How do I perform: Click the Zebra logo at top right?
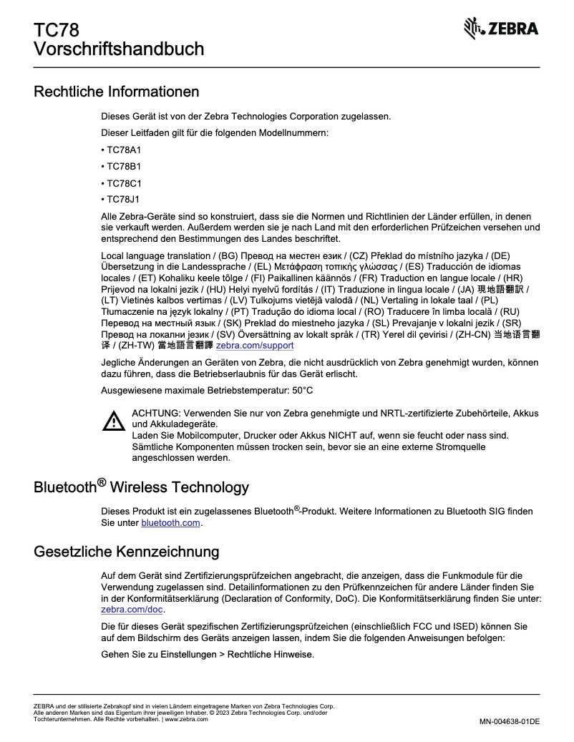(x=502, y=29)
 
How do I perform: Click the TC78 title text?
(x=56, y=30)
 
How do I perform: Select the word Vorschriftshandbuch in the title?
(x=119, y=49)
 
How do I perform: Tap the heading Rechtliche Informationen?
(x=117, y=92)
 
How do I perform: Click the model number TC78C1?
(x=123, y=182)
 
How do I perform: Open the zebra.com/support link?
(x=255, y=345)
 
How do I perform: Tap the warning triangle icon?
(x=113, y=421)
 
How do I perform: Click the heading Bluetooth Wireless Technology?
(x=141, y=487)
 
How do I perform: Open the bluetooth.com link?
(x=170, y=523)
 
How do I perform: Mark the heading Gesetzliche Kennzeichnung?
(x=126, y=552)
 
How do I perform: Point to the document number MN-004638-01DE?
(x=509, y=721)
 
